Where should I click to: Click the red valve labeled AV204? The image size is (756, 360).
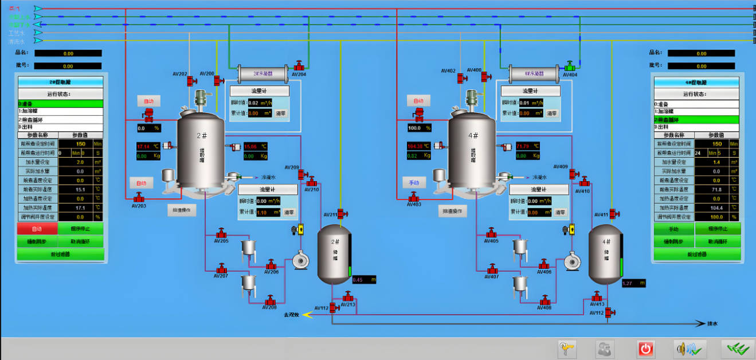tap(299, 65)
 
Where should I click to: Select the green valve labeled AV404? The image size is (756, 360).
tap(570, 65)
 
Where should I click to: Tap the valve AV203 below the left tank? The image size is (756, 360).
tap(138, 197)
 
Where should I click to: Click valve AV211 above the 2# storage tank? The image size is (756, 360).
tap(342, 214)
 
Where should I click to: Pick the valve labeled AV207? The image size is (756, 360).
tap(221, 268)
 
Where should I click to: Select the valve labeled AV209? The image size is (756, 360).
tap(301, 174)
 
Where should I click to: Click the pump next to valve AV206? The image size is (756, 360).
tap(301, 261)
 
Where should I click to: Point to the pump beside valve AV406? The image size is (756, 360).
tap(571, 261)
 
